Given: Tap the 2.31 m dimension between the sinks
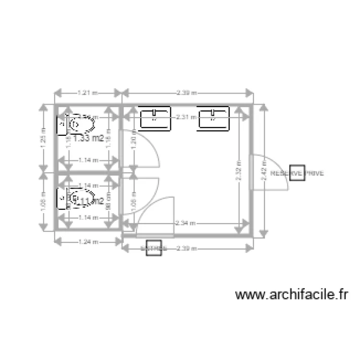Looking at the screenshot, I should [x=185, y=117].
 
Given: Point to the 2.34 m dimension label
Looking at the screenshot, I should [x=185, y=223].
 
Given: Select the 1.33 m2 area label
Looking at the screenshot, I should [x=90, y=138].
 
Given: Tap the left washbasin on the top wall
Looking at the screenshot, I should [x=155, y=119].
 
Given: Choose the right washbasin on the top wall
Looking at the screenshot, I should [x=214, y=119].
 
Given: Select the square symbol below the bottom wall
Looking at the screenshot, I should [x=154, y=248].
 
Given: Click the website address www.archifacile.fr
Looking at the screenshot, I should [x=291, y=294].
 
